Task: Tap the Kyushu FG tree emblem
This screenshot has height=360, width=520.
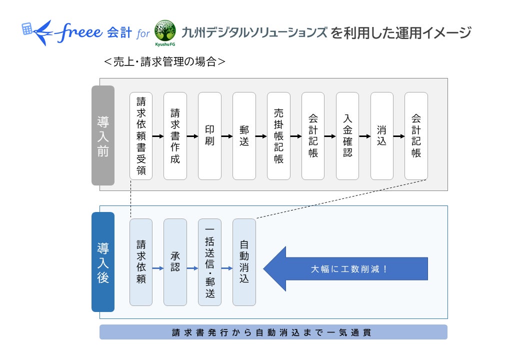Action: pyautogui.click(x=165, y=31)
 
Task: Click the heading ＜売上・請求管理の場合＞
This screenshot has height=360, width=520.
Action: pyautogui.click(x=164, y=61)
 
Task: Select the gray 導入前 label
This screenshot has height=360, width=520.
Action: pyautogui.click(x=103, y=135)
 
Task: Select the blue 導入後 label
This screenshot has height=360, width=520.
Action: pyautogui.click(x=103, y=262)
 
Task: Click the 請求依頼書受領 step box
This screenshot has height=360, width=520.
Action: pyautogui.click(x=141, y=135)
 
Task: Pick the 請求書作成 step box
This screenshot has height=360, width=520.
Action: pyautogui.click(x=175, y=135)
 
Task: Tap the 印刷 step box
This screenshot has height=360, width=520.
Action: pyautogui.click(x=209, y=135)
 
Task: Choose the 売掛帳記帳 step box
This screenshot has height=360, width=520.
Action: pyautogui.click(x=278, y=135)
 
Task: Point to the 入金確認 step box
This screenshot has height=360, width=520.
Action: pyautogui.click(x=347, y=135)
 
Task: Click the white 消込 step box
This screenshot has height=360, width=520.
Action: pyautogui.click(x=381, y=135)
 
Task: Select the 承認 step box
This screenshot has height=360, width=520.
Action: pyautogui.click(x=175, y=262)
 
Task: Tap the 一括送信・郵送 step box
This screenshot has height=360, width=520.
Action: pyautogui.click(x=209, y=262)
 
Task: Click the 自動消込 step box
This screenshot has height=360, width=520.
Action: pyautogui.click(x=244, y=262)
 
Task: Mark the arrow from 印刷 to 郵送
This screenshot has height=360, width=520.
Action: pyautogui.click(x=226, y=135)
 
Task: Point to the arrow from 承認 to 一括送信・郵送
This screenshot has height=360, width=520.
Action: pyautogui.click(x=192, y=268)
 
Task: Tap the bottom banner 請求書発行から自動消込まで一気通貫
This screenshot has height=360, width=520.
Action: pyautogui.click(x=273, y=332)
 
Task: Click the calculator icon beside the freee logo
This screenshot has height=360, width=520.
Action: pyautogui.click(x=27, y=28)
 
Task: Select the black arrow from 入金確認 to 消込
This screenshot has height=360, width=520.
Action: pyautogui.click(x=364, y=135)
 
